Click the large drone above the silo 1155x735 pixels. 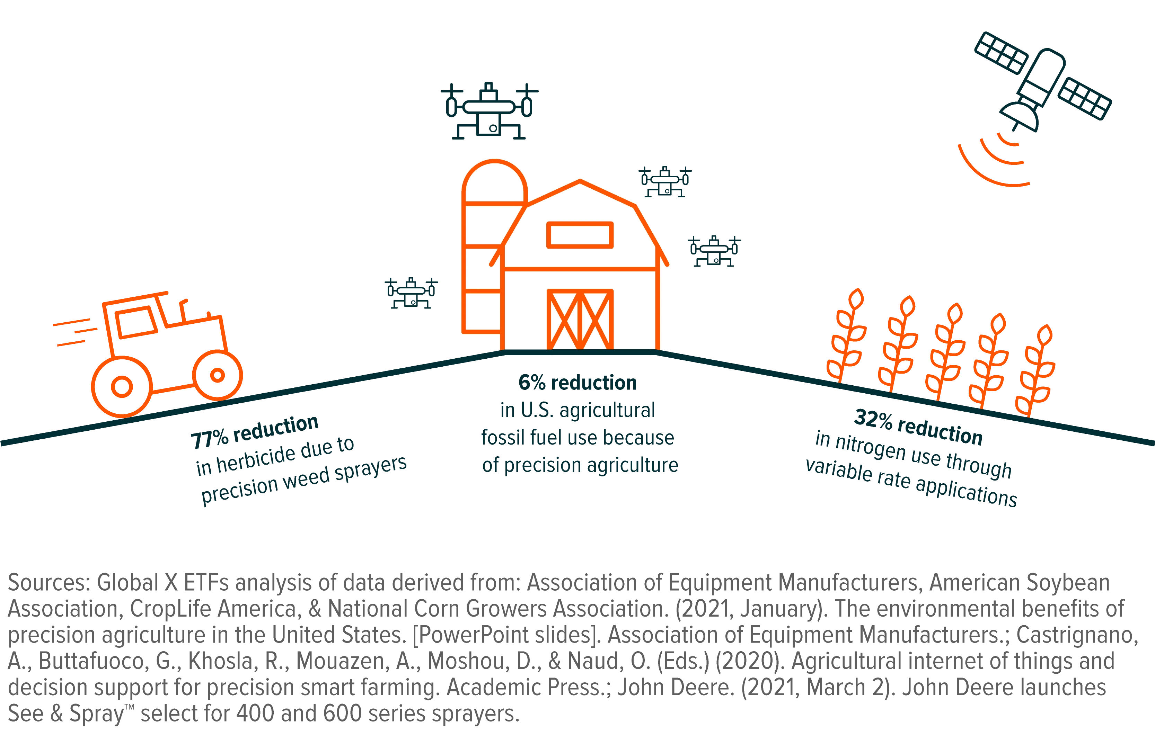tap(489, 111)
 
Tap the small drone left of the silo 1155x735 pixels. tap(412, 293)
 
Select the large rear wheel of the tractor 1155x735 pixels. tap(122, 386)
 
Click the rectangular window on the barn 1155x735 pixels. tap(580, 235)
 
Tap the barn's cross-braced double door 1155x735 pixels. tap(580, 320)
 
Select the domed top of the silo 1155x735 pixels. tap(494, 182)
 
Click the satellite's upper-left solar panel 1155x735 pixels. tap(1001, 53)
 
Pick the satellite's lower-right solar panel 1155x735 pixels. tap(1084, 98)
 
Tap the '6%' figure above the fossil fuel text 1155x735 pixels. tap(532, 383)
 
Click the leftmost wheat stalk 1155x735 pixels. tap(846, 335)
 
